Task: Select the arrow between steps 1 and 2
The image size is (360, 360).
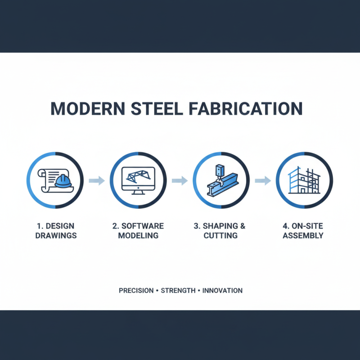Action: (x=97, y=181)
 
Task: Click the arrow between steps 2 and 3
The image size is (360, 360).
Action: (x=180, y=181)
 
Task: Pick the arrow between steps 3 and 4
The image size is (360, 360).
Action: (x=262, y=181)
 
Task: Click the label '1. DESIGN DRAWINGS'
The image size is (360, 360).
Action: (x=56, y=230)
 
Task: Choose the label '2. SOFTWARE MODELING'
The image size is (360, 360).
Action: (x=139, y=230)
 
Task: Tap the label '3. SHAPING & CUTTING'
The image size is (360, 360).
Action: (x=221, y=230)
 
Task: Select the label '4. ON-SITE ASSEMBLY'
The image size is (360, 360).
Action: (x=303, y=230)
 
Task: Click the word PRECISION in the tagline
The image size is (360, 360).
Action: (x=136, y=291)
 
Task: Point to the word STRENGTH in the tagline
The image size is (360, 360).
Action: (x=178, y=291)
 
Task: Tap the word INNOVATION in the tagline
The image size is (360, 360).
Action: (x=222, y=291)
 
